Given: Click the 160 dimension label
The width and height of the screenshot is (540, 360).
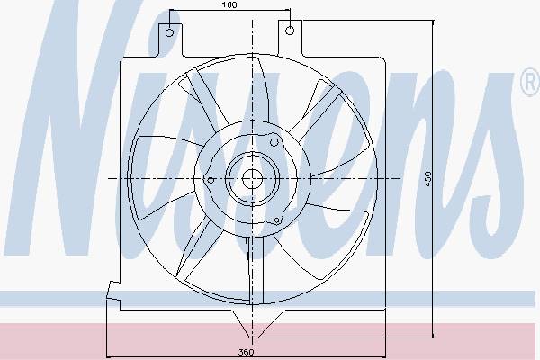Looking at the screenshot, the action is (229, 5).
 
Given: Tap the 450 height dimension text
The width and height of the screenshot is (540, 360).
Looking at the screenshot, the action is (427, 179).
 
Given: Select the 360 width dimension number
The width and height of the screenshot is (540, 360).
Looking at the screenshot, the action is (247, 352).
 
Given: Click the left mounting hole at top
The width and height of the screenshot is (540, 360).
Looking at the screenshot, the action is (169, 32).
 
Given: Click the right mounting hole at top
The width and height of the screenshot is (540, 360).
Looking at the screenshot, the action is (290, 31).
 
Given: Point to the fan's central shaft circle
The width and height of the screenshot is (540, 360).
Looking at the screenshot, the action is (252, 179).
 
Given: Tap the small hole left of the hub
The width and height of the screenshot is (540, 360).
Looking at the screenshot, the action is (211, 180).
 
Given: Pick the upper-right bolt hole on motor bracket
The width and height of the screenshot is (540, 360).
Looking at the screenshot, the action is (274, 142).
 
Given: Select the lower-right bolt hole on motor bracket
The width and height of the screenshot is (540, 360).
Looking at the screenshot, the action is (277, 220).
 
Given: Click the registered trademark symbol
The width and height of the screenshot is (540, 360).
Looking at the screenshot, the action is (531, 82).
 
